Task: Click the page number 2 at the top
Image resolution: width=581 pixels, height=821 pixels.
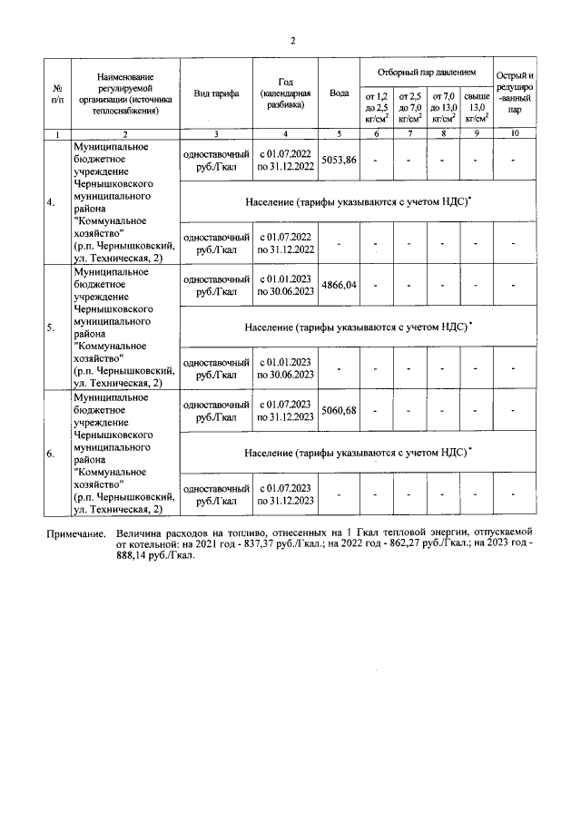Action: click(293, 40)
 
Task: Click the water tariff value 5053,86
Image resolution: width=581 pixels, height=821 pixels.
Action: click(340, 160)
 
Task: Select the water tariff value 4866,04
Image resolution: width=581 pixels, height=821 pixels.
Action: click(340, 285)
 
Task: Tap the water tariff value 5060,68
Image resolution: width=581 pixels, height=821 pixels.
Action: click(340, 410)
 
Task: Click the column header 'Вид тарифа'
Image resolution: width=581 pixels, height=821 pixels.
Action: click(216, 94)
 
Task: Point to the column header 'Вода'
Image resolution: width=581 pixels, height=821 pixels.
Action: click(340, 94)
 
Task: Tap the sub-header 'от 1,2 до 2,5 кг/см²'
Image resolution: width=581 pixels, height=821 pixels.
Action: click(376, 106)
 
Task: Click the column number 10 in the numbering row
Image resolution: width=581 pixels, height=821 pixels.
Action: click(515, 134)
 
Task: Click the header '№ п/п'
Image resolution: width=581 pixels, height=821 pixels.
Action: click(57, 94)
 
